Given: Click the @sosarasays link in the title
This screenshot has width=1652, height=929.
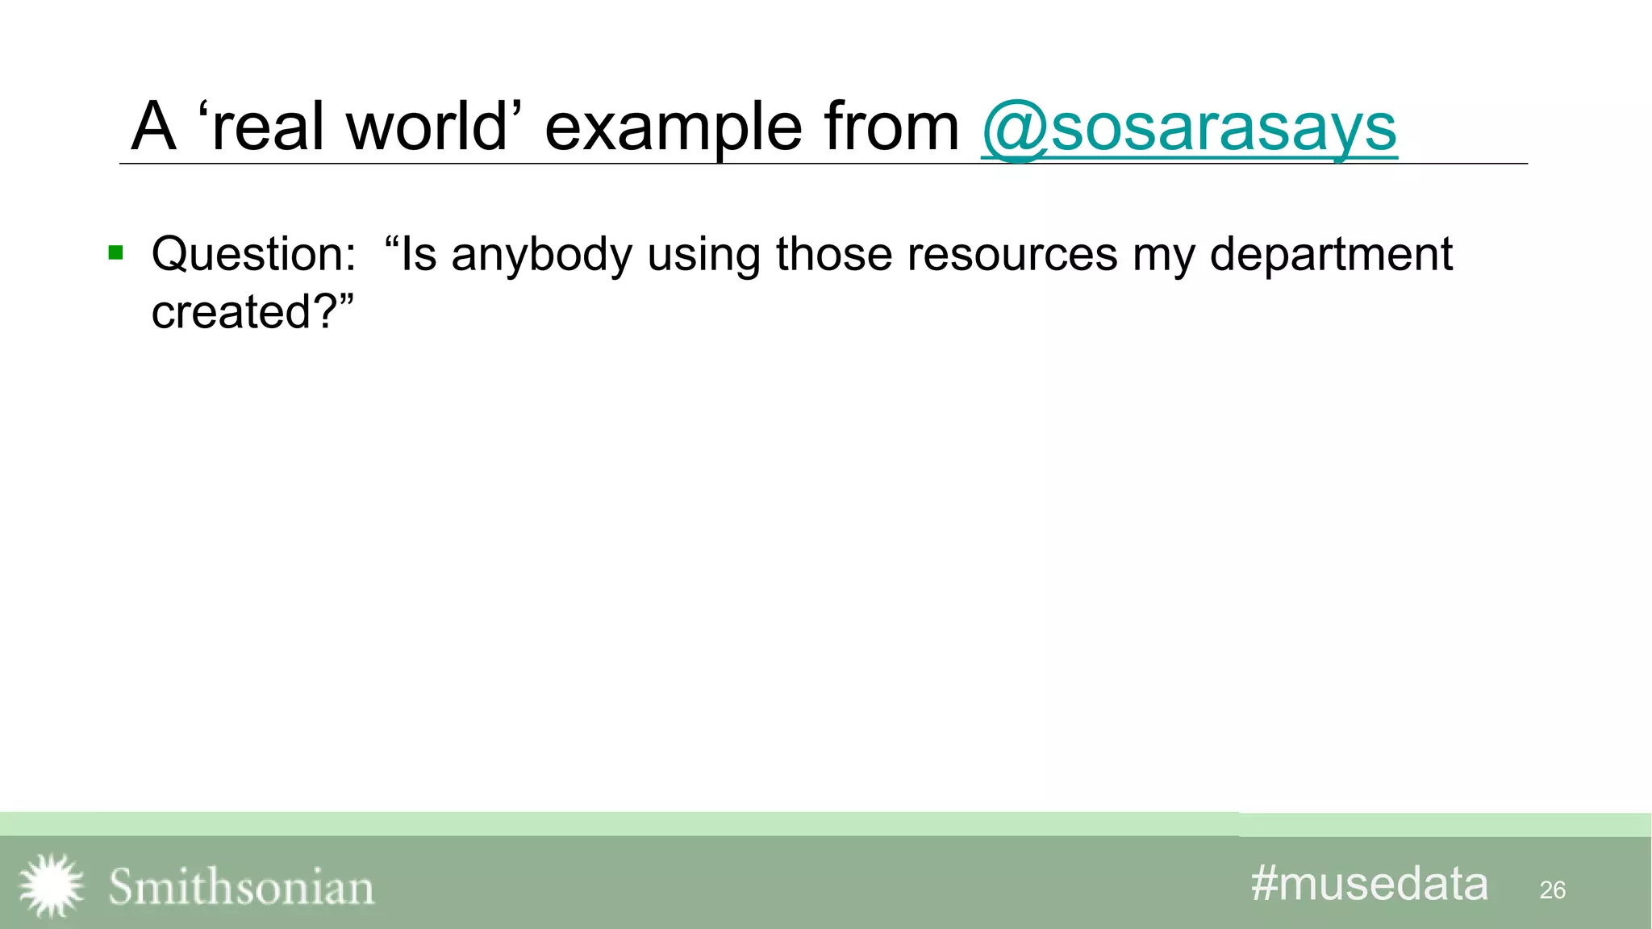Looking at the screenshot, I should click(1189, 127).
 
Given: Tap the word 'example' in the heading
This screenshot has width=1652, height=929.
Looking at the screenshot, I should click(673, 127).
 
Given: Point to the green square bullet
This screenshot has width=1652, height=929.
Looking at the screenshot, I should click(115, 253).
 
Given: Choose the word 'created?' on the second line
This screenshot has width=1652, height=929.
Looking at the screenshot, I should click(246, 312).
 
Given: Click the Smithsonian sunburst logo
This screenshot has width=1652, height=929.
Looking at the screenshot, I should click(51, 885).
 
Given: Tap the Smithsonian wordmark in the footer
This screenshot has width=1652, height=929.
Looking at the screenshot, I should click(241, 887).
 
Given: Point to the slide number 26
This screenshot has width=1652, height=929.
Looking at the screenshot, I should click(1552, 890).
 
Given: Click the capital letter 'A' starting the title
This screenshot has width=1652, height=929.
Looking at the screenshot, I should click(153, 127).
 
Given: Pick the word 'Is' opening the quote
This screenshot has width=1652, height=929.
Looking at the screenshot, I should click(418, 255).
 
